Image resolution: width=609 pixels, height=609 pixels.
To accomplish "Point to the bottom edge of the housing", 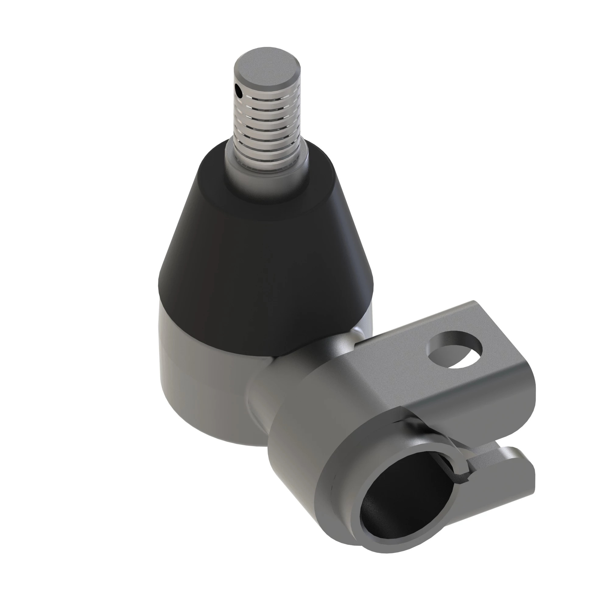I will (x=221, y=440).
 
